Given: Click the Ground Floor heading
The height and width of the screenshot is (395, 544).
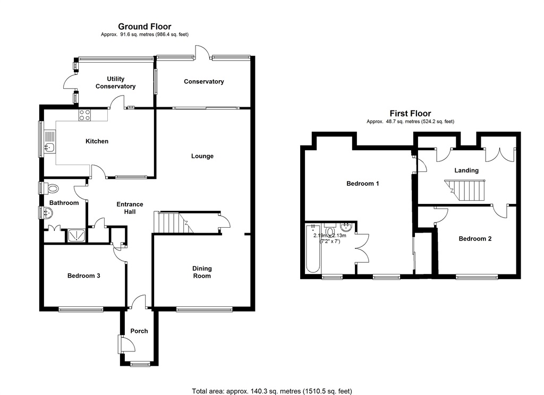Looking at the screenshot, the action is point(144,27).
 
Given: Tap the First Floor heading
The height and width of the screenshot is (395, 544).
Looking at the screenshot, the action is point(410,113).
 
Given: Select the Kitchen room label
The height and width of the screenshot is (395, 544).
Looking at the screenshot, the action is point(97,141).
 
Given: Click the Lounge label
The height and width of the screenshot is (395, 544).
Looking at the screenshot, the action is point(202,156).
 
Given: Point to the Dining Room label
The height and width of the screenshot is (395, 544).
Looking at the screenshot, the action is point(202,272).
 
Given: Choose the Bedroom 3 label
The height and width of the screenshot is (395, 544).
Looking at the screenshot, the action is point(84,276).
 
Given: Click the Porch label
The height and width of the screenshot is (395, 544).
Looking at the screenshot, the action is point(139,331).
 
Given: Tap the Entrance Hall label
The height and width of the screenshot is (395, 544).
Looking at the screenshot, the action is point(130,208).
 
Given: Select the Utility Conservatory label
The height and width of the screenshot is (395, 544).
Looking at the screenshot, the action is point(115,83).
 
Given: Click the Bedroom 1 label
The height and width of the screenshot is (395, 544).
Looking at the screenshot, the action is point(363,184).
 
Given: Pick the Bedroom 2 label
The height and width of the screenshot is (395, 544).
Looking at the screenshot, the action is point(475,239).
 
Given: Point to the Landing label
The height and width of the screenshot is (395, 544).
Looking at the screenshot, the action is point(466,170).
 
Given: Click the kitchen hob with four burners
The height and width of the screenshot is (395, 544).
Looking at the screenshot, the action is point(85,115).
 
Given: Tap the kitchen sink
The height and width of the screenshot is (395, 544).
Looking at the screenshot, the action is point(50,147).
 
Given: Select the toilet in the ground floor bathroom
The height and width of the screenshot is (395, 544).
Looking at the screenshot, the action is point(52,188).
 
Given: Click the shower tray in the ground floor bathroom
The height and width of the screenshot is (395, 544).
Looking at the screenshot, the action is point(76,235).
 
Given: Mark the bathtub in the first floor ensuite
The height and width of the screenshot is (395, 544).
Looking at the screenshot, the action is point(311,250).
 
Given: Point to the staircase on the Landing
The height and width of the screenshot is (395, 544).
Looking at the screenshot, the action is point(465,190).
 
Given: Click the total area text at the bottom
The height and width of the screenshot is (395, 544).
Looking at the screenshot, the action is point(272,391).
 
